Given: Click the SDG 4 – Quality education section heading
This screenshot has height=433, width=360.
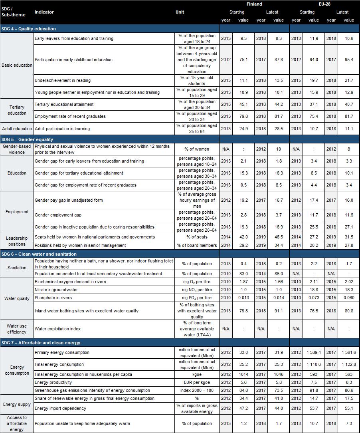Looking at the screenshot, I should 29,29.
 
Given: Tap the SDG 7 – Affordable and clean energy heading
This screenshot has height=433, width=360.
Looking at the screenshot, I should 41,343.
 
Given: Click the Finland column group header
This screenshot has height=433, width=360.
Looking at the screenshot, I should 254,4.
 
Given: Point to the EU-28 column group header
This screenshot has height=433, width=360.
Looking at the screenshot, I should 324,4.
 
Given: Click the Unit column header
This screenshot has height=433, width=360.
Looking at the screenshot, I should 180,12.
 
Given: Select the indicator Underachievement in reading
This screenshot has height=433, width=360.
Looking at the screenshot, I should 63,80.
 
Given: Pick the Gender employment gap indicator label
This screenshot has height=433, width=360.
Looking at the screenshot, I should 58,215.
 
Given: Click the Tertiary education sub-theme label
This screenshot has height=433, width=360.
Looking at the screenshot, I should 17,110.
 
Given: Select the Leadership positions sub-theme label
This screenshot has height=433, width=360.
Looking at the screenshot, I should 17,241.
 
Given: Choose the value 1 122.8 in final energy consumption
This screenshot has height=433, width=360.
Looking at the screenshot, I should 348,365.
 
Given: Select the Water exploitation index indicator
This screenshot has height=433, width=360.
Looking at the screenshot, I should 57,329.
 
